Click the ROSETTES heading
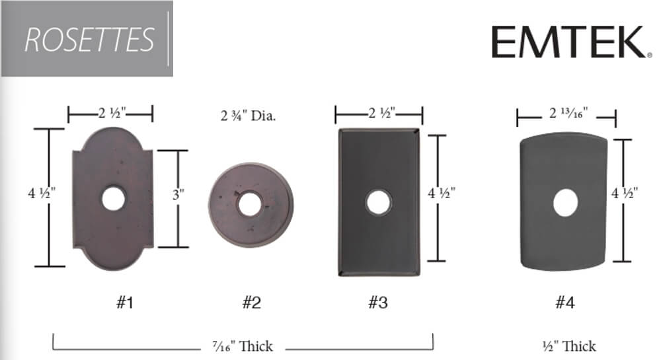89,40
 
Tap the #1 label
125,303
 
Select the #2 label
252,303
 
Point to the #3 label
378,303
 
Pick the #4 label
565,303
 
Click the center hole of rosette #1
114,199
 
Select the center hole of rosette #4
566,203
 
